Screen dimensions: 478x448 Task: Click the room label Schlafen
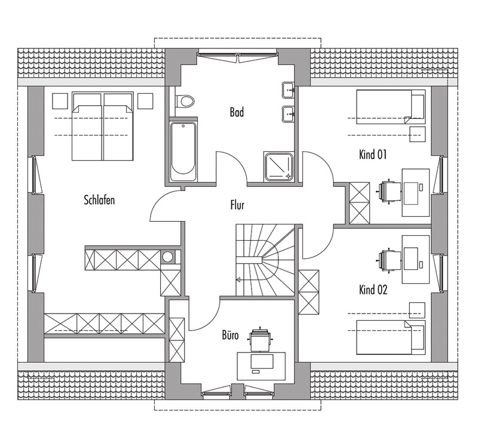click(99, 200)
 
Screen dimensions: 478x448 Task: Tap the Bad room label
click(237, 112)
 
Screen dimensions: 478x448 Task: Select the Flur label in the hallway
click(237, 205)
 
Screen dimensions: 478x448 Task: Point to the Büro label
click(230, 336)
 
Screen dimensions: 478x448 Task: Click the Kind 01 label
click(373, 155)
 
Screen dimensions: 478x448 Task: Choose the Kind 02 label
click(373, 290)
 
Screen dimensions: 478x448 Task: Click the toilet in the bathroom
click(185, 102)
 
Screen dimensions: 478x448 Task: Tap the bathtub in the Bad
click(183, 152)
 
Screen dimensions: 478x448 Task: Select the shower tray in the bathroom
click(279, 167)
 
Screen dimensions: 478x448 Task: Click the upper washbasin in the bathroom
click(289, 90)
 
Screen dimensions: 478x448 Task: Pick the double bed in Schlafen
click(103, 126)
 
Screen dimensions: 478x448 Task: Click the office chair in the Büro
click(260, 339)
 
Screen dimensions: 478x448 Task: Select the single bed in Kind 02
click(391, 337)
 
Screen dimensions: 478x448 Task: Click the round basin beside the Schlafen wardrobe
click(168, 257)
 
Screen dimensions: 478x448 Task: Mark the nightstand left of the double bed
click(60, 101)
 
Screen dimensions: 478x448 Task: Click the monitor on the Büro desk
click(262, 361)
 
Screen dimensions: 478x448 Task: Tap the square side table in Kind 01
click(417, 134)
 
